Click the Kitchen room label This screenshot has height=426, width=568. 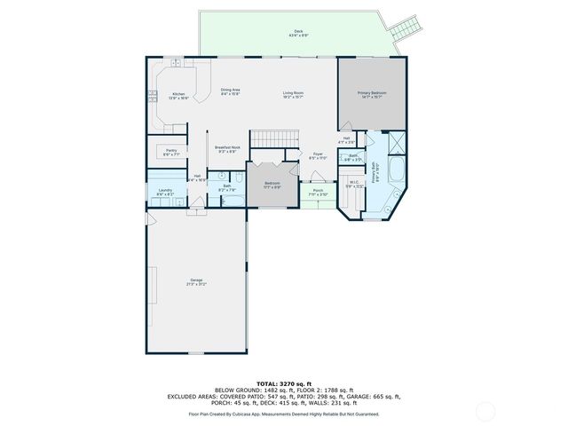click(x=178, y=95)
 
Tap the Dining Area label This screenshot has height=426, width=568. click(x=231, y=91)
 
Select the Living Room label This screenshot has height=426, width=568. click(x=294, y=94)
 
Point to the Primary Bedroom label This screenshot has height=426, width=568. click(x=372, y=94)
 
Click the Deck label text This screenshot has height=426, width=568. click(x=298, y=34)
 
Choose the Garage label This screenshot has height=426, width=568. click(x=195, y=282)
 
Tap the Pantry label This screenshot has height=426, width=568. click(x=171, y=153)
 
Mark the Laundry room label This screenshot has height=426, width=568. click(x=165, y=192)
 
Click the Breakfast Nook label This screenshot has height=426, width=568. click(x=228, y=150)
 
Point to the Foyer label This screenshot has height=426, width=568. click(x=317, y=156)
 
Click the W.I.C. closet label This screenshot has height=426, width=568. click(x=353, y=185)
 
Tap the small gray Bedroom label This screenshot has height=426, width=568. click(x=272, y=185)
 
